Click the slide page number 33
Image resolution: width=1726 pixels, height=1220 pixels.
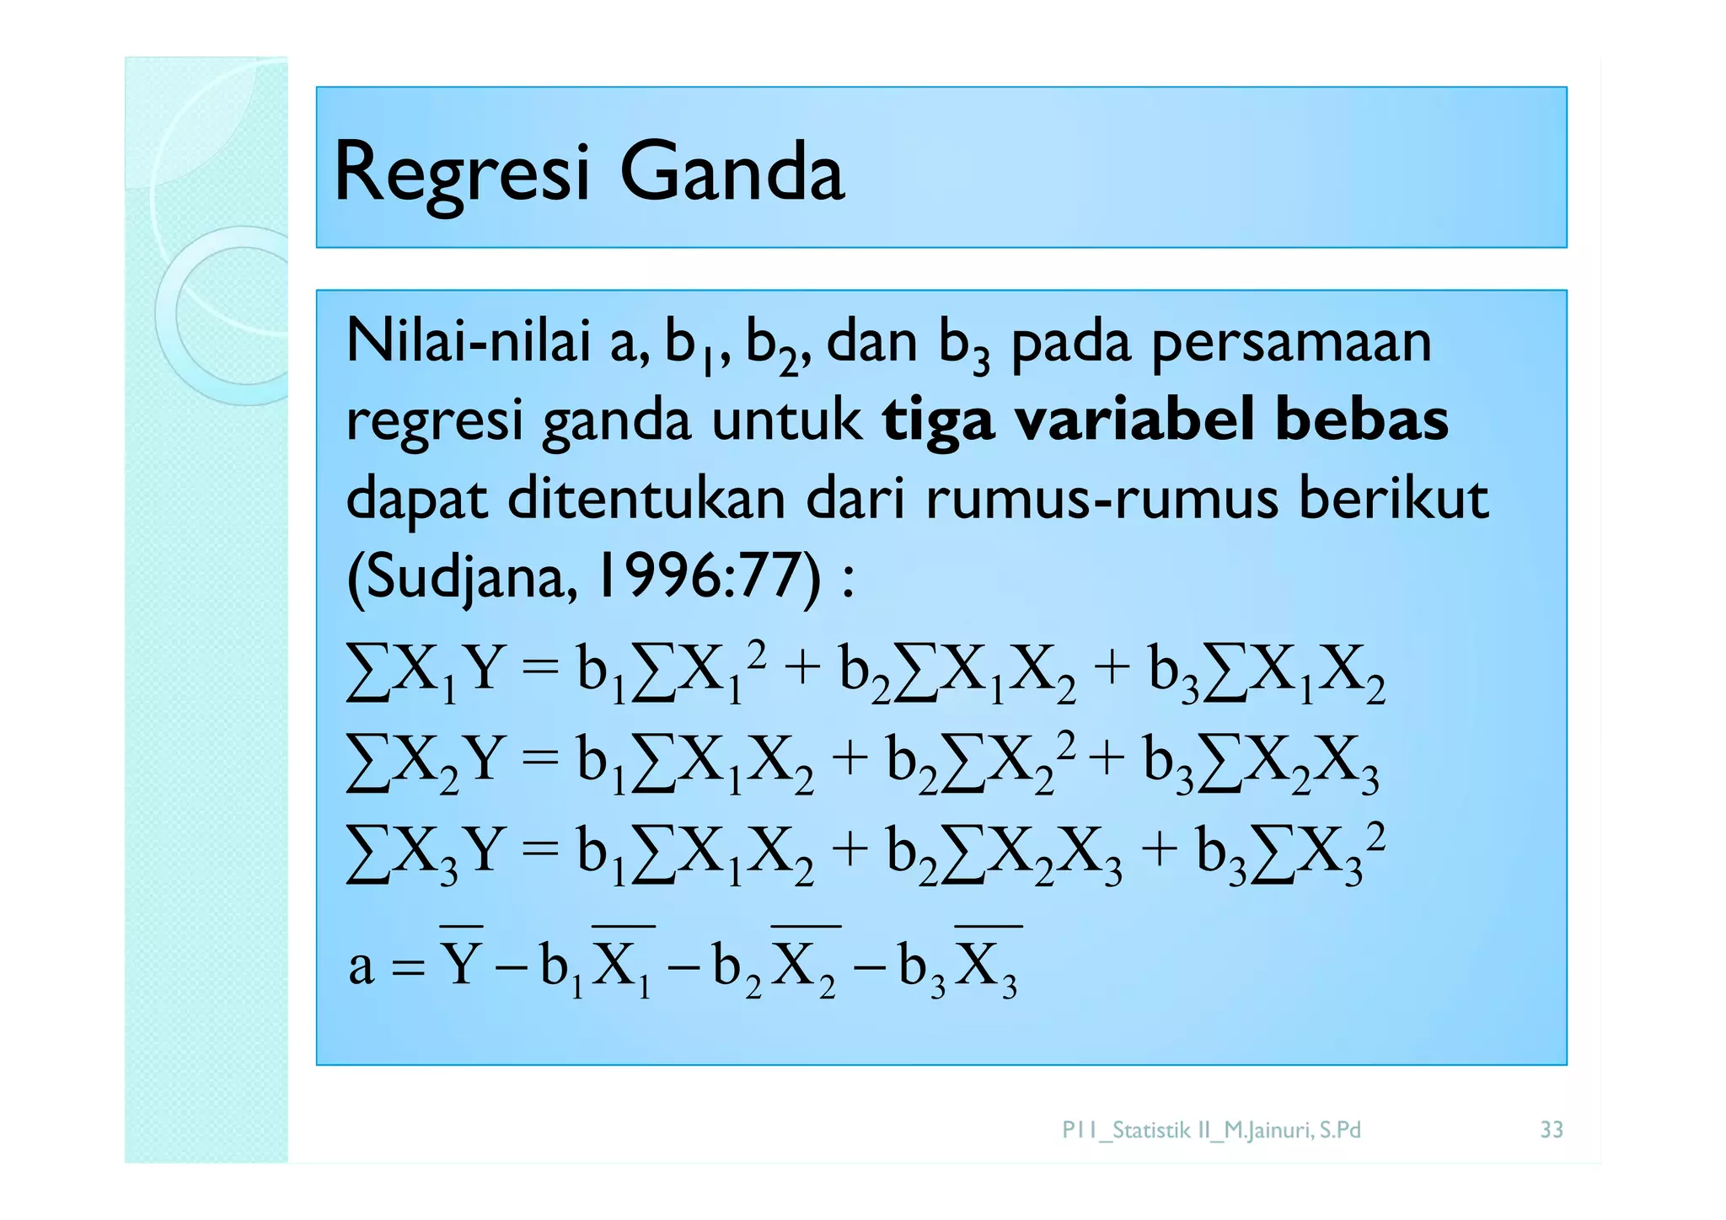click(1552, 1130)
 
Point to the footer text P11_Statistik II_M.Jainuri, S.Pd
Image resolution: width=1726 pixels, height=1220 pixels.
click(1211, 1130)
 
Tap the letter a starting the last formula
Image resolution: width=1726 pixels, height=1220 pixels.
click(362, 966)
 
